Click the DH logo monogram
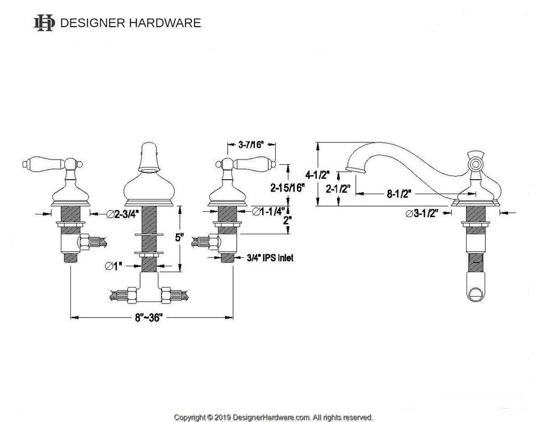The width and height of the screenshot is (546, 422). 44,23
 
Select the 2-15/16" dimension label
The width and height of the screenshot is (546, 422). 286,188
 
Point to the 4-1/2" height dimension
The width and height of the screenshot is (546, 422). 318,174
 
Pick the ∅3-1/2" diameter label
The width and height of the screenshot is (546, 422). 421,213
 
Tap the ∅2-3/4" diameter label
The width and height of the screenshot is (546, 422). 123,214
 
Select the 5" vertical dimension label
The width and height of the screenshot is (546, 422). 180,237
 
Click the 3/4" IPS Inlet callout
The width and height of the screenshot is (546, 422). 270,258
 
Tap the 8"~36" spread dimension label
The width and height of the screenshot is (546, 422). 148,317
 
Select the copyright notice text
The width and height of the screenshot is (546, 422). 274,417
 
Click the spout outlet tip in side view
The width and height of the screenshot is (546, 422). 355,170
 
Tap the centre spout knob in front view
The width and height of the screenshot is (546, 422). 148,155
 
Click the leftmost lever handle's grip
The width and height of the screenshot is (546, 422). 38,162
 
